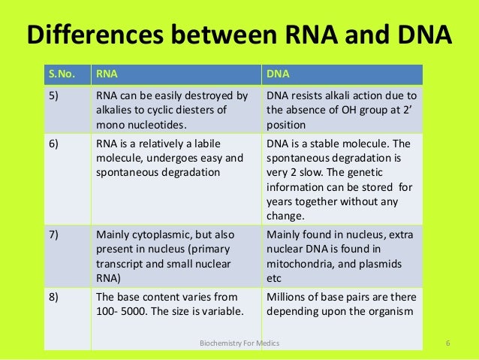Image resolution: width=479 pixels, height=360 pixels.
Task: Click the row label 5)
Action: point(56,96)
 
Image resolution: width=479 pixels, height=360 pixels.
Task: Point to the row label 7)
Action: point(56,234)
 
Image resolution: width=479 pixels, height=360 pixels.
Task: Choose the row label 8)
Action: point(56,297)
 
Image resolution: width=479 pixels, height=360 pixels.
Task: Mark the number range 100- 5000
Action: point(125,311)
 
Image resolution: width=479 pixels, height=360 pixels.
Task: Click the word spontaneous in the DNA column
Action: point(299,159)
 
